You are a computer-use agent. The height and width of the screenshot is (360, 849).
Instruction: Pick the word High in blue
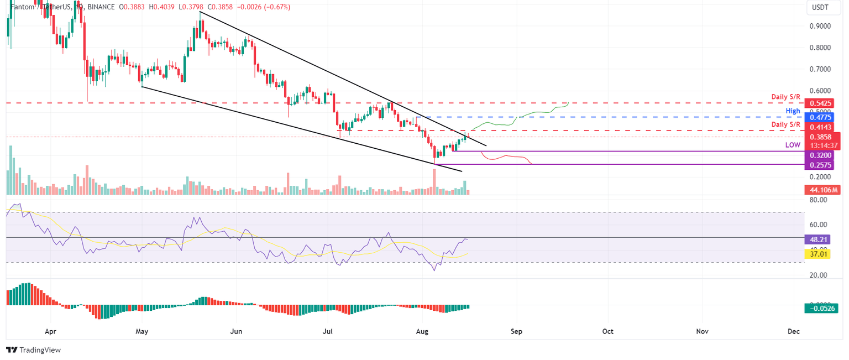pyautogui.click(x=793, y=111)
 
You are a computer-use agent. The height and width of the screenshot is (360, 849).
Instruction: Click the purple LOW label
pyautogui.click(x=793, y=144)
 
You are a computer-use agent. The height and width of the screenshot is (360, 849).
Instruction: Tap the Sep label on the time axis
pyautogui.click(x=517, y=331)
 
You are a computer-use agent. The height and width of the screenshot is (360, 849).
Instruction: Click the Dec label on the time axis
pyautogui.click(x=794, y=331)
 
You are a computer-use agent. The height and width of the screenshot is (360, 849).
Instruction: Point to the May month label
pyautogui.click(x=142, y=331)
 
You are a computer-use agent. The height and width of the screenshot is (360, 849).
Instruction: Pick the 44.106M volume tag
pyautogui.click(x=821, y=190)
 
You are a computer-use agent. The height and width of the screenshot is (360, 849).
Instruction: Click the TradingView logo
pyautogui.click(x=33, y=350)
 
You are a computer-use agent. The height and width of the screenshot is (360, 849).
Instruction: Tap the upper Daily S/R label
pyautogui.click(x=785, y=97)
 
